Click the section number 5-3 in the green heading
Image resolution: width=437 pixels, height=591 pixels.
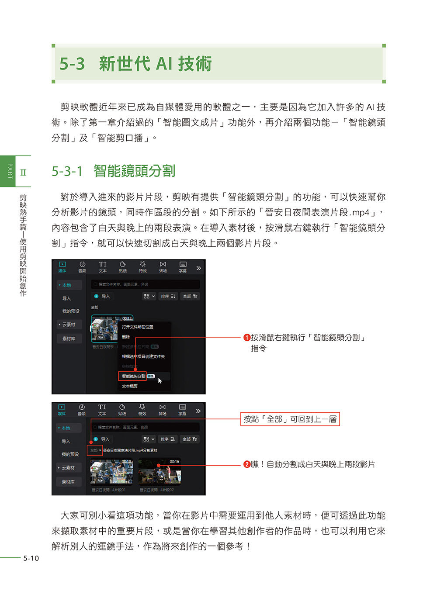click(x=72, y=64)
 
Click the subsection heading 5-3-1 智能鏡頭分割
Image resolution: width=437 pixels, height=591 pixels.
click(x=113, y=171)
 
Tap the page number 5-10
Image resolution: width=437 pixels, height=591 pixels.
click(x=31, y=558)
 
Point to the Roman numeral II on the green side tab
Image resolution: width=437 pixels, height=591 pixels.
click(x=23, y=173)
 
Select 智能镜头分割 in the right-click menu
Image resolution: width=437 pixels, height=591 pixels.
click(x=133, y=376)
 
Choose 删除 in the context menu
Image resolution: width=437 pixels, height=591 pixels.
click(x=126, y=337)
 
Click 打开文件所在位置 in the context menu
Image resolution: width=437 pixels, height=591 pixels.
click(x=137, y=327)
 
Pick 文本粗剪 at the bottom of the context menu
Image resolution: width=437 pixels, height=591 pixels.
click(x=129, y=386)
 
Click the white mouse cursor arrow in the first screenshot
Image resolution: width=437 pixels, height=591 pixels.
click(x=160, y=380)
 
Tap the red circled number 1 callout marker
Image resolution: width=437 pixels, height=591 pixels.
click(x=246, y=338)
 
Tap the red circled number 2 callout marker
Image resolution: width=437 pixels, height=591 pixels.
click(x=246, y=464)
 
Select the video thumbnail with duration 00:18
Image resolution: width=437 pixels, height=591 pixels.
click(x=111, y=472)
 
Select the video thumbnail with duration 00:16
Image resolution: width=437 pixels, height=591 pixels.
click(x=160, y=472)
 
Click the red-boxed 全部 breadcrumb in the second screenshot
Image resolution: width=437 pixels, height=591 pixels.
click(x=94, y=450)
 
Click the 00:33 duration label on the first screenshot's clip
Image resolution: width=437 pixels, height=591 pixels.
click(x=127, y=318)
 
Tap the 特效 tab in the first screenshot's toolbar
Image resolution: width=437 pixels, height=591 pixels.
click(x=142, y=267)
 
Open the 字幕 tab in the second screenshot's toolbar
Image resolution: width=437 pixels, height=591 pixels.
click(x=182, y=410)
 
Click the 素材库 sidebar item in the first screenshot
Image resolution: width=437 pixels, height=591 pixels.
click(x=69, y=339)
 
